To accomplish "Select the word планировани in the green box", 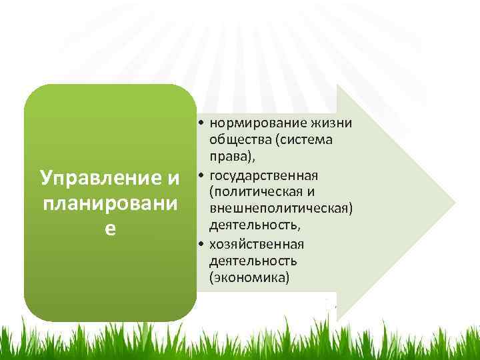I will click(x=111, y=203).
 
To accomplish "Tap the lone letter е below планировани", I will click(x=111, y=227).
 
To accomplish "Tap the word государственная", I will click(x=263, y=175).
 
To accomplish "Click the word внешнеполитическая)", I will click(x=280, y=209).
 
